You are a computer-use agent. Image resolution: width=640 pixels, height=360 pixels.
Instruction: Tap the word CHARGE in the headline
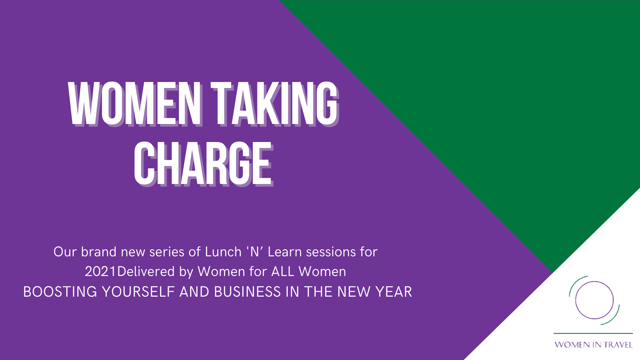click(203, 163)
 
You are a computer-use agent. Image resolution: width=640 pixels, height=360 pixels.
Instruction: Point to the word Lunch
click(223, 252)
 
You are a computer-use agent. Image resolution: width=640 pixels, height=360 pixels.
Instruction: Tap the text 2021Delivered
click(130, 271)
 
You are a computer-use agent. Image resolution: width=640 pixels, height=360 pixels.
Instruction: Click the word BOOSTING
click(60, 292)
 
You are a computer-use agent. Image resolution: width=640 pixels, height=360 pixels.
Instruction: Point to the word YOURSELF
click(138, 292)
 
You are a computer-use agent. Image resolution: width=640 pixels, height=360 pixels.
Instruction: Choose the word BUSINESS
click(247, 292)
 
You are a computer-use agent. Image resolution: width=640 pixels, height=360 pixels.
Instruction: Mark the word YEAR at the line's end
click(394, 292)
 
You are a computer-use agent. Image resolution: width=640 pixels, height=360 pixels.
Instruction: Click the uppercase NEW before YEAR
click(354, 292)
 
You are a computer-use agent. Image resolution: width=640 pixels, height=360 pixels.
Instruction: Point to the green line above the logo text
click(593, 333)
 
